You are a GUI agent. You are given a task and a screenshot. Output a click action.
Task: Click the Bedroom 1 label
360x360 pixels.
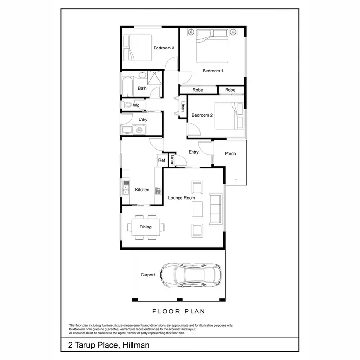pyautogui.click(x=213, y=71)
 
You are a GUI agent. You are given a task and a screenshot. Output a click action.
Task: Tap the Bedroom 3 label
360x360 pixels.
pyautogui.click(x=164, y=48)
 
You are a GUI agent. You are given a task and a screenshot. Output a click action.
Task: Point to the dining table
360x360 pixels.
pyautogui.click(x=145, y=227)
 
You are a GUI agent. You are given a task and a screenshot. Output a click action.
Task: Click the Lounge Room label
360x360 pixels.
pyautogui.click(x=181, y=198)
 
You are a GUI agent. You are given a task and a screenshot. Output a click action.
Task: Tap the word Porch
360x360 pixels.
pyautogui.click(x=230, y=154)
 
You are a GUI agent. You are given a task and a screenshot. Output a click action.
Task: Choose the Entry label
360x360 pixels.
pyautogui.click(x=193, y=152)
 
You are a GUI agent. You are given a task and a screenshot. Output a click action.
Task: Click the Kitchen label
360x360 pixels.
pyautogui.click(x=142, y=190)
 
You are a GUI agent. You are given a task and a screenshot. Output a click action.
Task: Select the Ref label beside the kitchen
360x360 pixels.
pyautogui.click(x=162, y=160)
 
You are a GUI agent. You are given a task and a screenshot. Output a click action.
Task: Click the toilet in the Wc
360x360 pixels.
pyautogui.click(x=127, y=105)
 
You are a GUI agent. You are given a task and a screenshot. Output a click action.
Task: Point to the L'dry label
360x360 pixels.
pyautogui.click(x=143, y=119)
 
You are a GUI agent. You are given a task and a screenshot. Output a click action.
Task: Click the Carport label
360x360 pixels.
pyautogui.click(x=147, y=275)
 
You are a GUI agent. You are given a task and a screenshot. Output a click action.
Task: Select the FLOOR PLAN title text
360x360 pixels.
pyautogui.click(x=179, y=312)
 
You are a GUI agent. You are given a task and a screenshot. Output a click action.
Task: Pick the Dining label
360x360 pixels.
pyautogui.click(x=145, y=227)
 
